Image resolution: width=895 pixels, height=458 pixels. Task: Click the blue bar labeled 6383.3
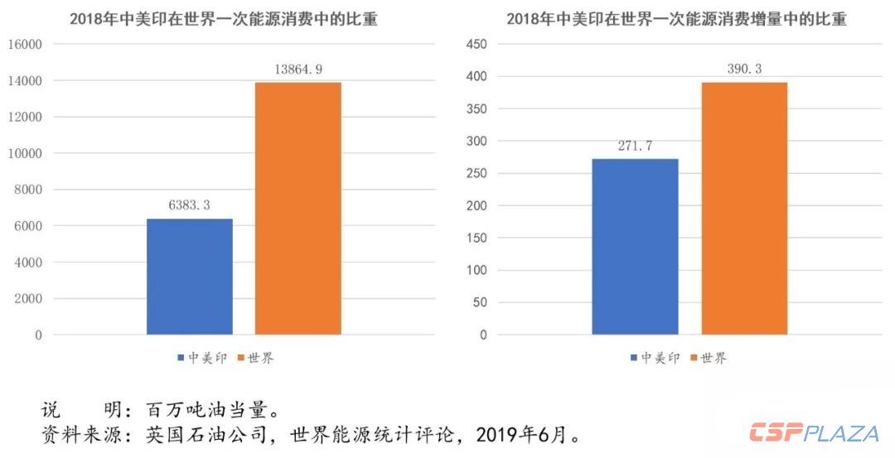coord(189,277)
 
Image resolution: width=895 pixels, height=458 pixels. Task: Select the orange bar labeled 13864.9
coord(298,208)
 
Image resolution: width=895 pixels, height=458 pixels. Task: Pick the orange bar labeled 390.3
coord(743,208)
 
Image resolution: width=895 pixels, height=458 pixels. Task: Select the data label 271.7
coord(635,146)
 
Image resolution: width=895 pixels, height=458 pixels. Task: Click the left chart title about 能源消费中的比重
coord(223,19)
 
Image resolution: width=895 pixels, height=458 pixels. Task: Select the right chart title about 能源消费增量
coord(676,19)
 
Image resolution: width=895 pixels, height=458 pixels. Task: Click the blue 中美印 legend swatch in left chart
coord(180,359)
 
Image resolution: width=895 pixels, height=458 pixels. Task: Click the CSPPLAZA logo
coord(814,433)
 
